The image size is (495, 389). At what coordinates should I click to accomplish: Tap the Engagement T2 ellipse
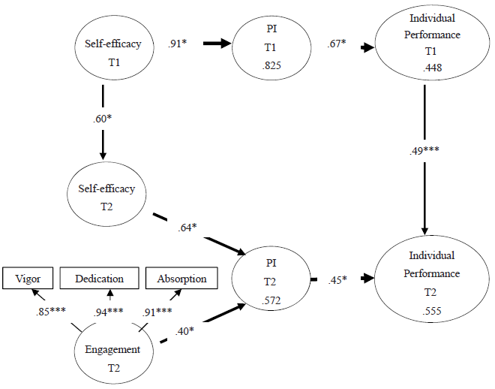point(113,356)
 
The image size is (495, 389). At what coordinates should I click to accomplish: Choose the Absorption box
point(181,279)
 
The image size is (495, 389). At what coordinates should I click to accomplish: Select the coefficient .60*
point(102,117)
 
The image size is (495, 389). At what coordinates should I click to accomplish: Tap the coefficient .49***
point(424,150)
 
